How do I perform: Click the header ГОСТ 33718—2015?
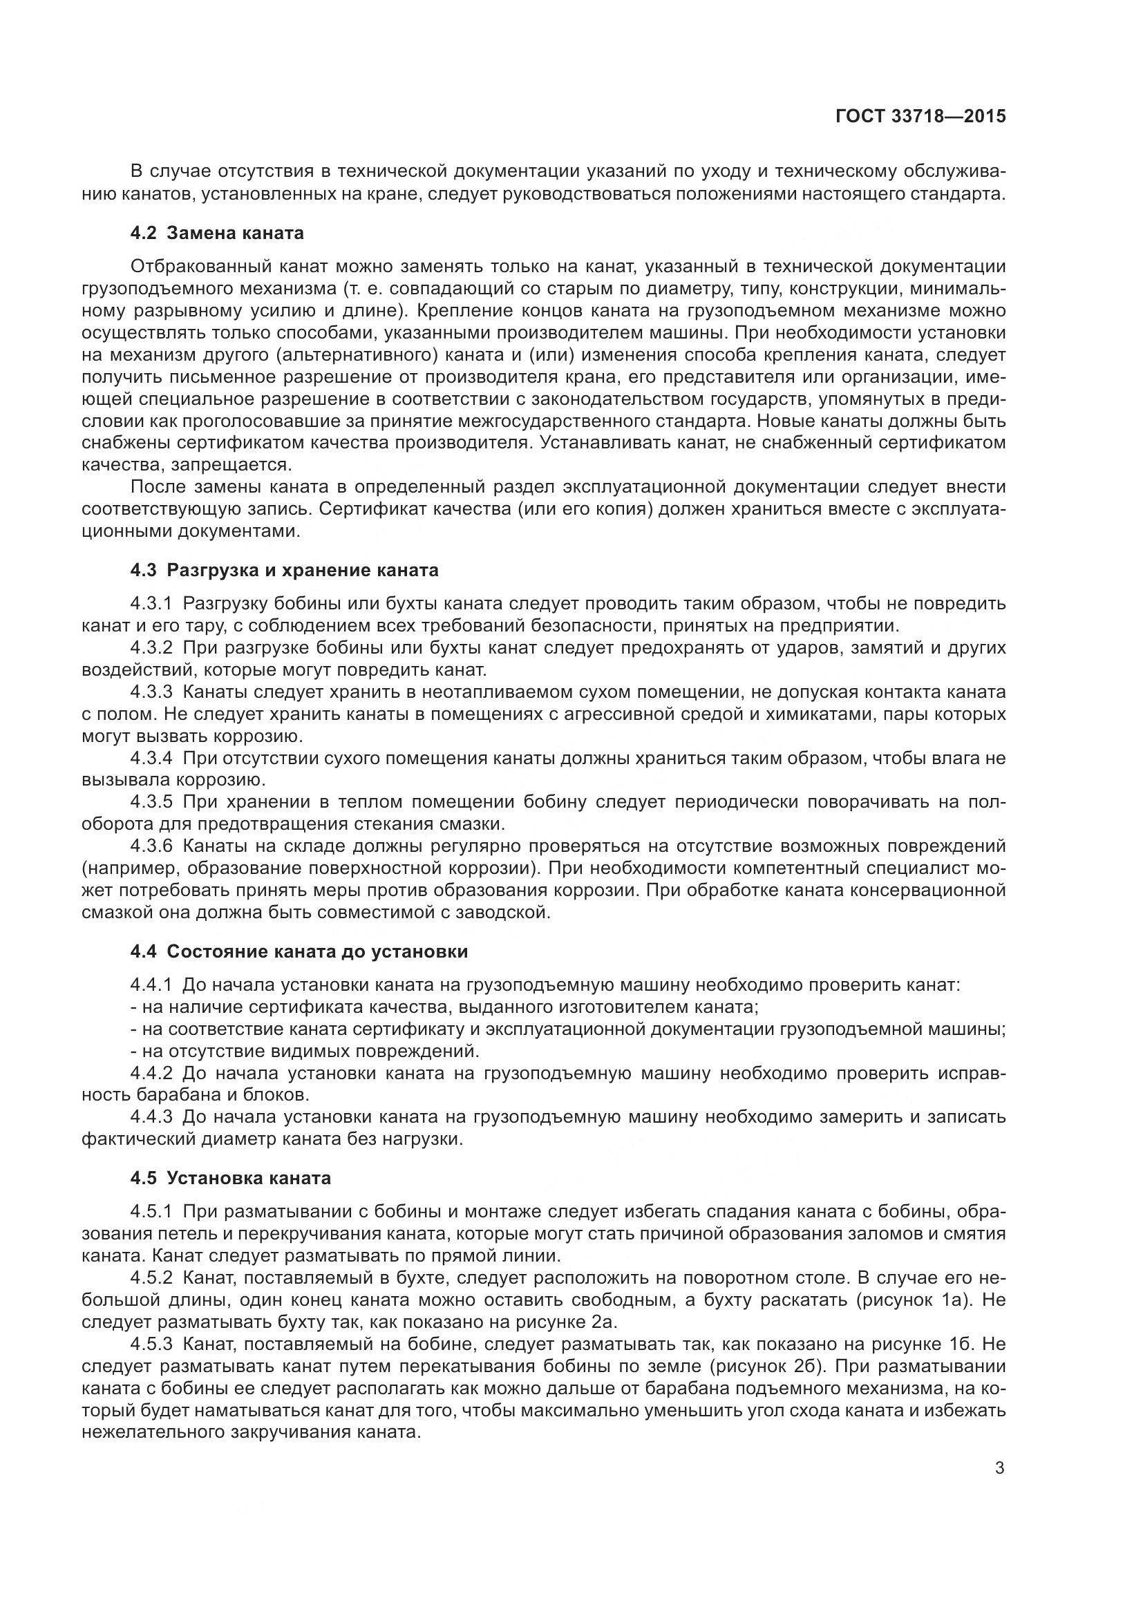(x=920, y=116)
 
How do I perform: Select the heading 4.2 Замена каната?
(x=217, y=232)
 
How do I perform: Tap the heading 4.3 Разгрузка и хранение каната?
(x=283, y=570)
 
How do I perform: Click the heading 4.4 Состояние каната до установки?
(x=299, y=951)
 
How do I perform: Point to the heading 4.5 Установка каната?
(x=230, y=1177)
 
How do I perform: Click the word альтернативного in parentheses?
(x=351, y=354)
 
